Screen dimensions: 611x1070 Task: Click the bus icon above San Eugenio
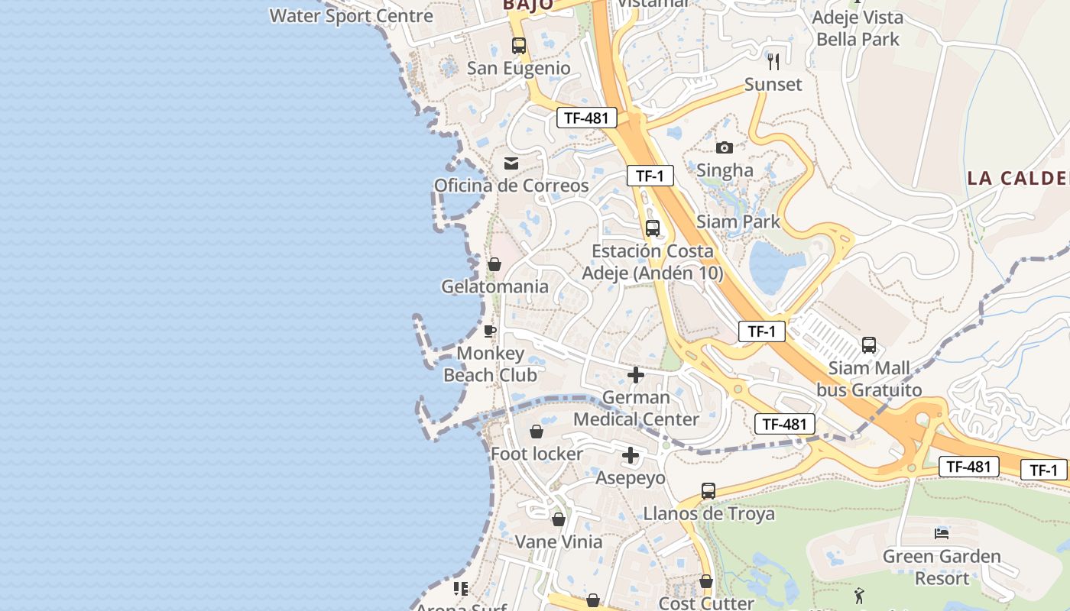(x=519, y=46)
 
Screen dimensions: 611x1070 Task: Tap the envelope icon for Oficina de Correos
(x=511, y=163)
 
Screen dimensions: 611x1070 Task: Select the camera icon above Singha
(x=724, y=147)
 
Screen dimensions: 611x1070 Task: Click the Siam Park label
(x=738, y=221)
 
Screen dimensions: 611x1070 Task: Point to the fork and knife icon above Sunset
(x=773, y=61)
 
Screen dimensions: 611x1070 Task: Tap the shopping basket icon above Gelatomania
(x=494, y=264)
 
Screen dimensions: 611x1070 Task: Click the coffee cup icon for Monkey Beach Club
(x=490, y=331)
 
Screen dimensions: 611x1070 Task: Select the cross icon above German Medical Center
(x=635, y=375)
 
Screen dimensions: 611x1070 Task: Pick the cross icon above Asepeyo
(x=630, y=456)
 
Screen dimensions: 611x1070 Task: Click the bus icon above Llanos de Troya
(x=708, y=491)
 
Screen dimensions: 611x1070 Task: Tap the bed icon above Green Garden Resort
(x=942, y=533)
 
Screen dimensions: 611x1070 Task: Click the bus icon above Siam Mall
(x=869, y=345)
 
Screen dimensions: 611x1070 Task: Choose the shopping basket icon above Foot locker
(x=537, y=432)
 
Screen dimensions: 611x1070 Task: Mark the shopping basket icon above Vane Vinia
(x=559, y=519)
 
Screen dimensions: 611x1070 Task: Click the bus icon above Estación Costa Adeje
(x=653, y=228)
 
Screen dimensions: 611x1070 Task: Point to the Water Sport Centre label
(x=351, y=15)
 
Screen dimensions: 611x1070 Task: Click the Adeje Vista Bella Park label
(x=858, y=27)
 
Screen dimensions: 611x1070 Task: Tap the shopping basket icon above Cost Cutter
(x=706, y=582)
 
